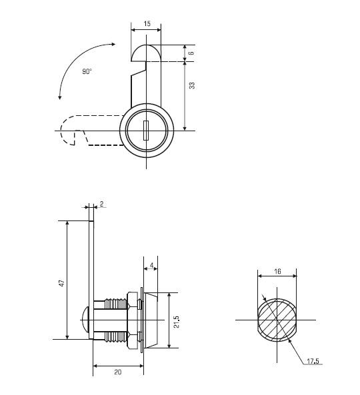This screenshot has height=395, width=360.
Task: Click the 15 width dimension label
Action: point(147,24)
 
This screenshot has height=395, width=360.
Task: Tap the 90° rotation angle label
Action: point(87,71)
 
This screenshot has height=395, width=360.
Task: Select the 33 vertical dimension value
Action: point(192,86)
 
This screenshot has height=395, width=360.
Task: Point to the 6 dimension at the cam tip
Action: point(191,53)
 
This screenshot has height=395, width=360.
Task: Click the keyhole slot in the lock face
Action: point(146,131)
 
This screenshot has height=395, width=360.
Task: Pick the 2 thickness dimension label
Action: point(101,204)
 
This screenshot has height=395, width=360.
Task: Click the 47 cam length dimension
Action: point(62,283)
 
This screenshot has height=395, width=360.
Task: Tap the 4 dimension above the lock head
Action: point(151,265)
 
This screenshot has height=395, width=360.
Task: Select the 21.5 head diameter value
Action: point(177,322)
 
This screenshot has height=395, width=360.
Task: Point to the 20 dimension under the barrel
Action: point(118,372)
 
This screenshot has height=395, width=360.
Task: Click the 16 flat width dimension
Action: point(277,272)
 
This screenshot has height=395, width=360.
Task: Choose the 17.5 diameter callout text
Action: point(313,361)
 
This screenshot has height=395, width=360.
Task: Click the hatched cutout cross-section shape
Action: point(277,320)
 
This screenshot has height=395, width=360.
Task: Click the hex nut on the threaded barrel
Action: point(133,320)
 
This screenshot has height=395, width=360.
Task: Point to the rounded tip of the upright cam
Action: point(146,53)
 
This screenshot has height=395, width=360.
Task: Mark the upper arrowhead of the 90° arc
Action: point(113,45)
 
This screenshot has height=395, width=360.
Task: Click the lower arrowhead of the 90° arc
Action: point(60,97)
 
